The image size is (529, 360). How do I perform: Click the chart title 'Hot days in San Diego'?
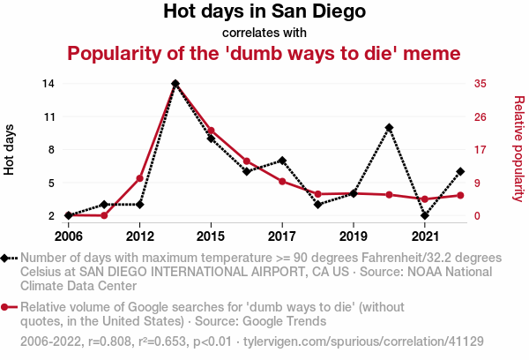pyautogui.click(x=264, y=12)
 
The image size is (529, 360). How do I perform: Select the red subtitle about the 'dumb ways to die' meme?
pyautogui.click(x=264, y=53)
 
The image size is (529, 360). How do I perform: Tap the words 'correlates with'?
pyautogui.click(x=264, y=33)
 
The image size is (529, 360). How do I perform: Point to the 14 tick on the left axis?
pyautogui.click(x=48, y=83)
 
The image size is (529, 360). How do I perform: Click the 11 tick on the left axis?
pyautogui.click(x=48, y=116)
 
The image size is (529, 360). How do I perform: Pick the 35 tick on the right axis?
pyautogui.click(x=481, y=83)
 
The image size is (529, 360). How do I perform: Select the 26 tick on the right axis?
pyautogui.click(x=481, y=116)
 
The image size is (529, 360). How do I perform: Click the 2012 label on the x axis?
pyautogui.click(x=139, y=236)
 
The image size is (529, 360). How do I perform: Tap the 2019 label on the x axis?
pyautogui.click(x=353, y=236)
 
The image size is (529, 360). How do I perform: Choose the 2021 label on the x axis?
pyautogui.click(x=425, y=236)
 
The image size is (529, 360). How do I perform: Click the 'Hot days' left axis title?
pyautogui.click(x=10, y=149)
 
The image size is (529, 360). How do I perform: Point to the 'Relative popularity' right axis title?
pyautogui.click(x=518, y=149)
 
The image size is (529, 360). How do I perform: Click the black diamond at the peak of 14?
pyautogui.click(x=175, y=84)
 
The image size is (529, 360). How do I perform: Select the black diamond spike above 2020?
pyautogui.click(x=389, y=128)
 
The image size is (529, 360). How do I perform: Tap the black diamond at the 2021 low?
pyautogui.click(x=425, y=215)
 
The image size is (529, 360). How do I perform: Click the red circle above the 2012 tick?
pyautogui.click(x=139, y=178)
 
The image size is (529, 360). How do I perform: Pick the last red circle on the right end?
pyautogui.click(x=460, y=195)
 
